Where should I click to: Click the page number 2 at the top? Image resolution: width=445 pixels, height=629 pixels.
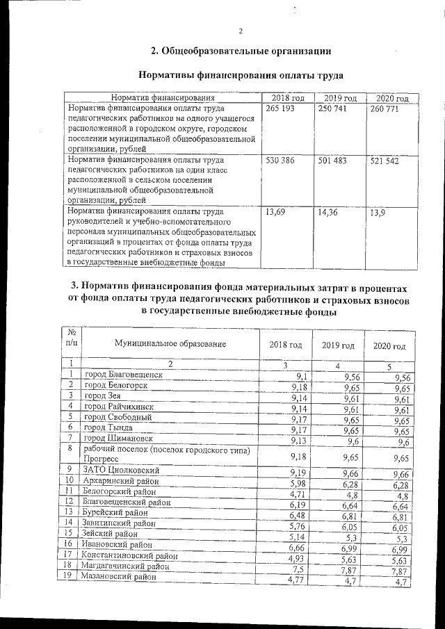240,31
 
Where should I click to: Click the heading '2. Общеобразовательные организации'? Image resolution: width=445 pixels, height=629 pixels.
241,51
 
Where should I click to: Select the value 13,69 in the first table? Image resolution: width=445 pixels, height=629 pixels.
277,212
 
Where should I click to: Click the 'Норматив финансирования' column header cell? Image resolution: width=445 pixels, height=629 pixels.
162,99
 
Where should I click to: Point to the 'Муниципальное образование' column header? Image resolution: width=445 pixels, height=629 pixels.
171,344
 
